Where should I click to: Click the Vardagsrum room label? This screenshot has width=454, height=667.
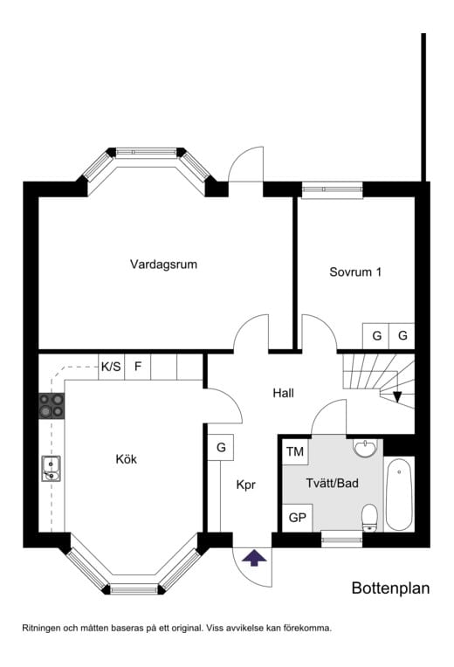click(x=163, y=265)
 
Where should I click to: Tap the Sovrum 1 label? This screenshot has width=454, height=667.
click(x=355, y=272)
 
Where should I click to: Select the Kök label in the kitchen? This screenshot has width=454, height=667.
click(x=127, y=459)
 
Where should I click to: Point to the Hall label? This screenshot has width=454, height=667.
click(x=284, y=393)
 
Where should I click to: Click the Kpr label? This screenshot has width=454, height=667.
click(x=245, y=485)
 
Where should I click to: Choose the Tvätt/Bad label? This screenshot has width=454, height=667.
click(x=333, y=483)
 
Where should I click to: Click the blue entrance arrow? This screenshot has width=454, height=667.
click(x=254, y=558)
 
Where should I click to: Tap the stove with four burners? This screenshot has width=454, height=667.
click(x=52, y=405)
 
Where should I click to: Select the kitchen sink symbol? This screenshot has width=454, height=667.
click(x=51, y=469)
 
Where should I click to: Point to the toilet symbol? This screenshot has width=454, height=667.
click(x=369, y=518)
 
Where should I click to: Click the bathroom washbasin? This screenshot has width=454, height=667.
click(x=365, y=449)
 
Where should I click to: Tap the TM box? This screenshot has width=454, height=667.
click(x=295, y=451)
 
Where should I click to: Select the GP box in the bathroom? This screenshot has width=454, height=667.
click(x=298, y=518)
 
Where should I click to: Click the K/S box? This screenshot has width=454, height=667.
click(x=111, y=367)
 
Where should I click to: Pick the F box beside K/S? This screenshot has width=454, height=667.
click(x=137, y=367)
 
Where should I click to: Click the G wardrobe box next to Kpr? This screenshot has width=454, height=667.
click(x=221, y=448)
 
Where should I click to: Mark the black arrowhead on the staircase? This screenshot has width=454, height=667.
click(x=397, y=397)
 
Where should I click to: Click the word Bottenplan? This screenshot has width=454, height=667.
click(x=390, y=588)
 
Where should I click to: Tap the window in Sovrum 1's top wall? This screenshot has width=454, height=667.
click(x=333, y=189)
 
